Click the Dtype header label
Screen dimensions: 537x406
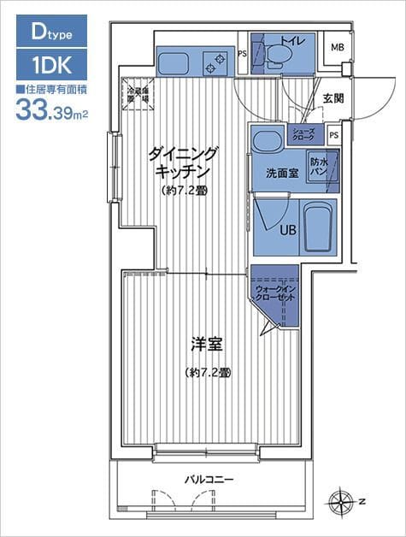tap(50, 33)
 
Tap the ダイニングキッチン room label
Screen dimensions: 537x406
tap(184, 162)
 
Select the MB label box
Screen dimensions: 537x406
tap(337, 47)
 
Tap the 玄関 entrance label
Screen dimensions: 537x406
tap(333, 98)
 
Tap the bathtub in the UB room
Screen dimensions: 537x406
tap(317, 224)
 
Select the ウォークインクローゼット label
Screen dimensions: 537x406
tap(274, 294)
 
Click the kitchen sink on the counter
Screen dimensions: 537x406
tap(176, 61)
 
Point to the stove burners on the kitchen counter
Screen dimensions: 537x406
tap(214, 61)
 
